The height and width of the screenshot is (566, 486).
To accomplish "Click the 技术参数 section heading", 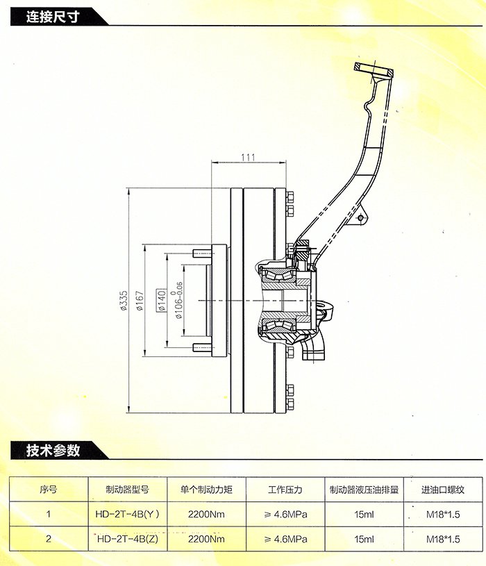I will click(x=53, y=451).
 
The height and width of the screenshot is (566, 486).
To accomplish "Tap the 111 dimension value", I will click(x=248, y=157).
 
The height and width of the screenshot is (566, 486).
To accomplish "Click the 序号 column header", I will click(x=48, y=490).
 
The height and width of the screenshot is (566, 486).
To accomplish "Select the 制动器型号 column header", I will click(x=127, y=490).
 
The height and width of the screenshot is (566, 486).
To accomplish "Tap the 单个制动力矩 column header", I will click(x=206, y=490).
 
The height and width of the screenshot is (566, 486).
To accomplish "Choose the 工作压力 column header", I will click(x=285, y=490).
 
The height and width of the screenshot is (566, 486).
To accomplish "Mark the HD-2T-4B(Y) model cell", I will click(x=127, y=515).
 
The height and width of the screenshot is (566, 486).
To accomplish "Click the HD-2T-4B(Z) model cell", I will click(x=127, y=539).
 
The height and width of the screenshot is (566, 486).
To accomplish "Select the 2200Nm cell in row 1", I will click(x=206, y=515).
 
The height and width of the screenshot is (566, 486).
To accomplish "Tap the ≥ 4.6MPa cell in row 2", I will click(x=285, y=539).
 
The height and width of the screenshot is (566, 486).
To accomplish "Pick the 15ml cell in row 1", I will click(x=364, y=515).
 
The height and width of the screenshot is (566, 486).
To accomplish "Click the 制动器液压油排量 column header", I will click(x=364, y=490).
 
